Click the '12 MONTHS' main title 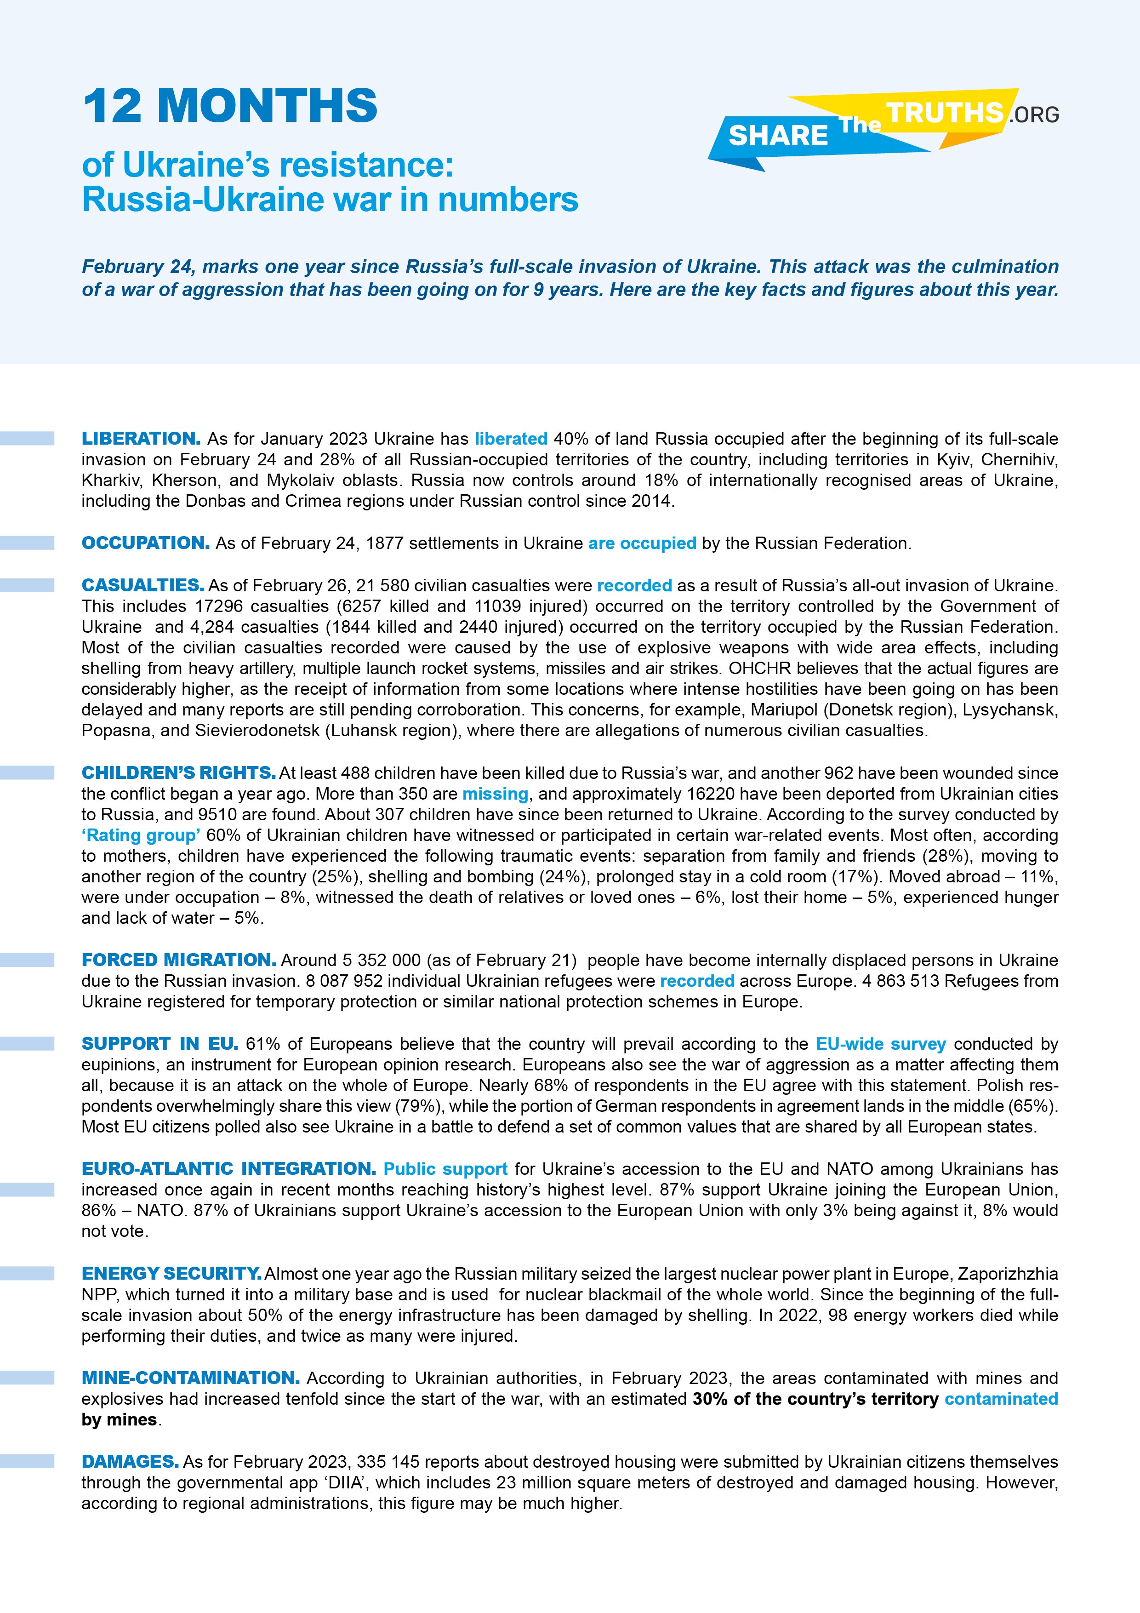pyautogui.click(x=230, y=107)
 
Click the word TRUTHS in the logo pyautogui.click(x=945, y=112)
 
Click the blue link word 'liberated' pyautogui.click(x=511, y=439)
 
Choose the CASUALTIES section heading pyautogui.click(x=142, y=585)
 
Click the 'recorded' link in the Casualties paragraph pyautogui.click(x=634, y=585)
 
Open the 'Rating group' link pyautogui.click(x=141, y=835)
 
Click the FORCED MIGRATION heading pyautogui.click(x=178, y=961)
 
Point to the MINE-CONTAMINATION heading pyautogui.click(x=190, y=1378)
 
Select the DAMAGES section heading pyautogui.click(x=130, y=1462)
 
